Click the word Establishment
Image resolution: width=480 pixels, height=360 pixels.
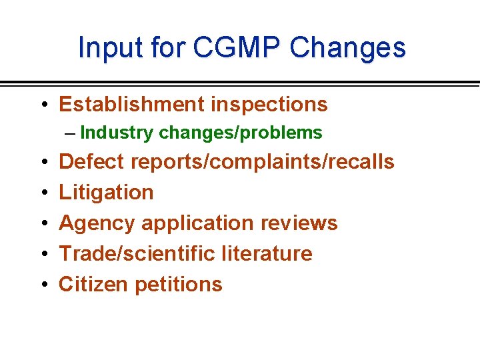[x=131, y=105]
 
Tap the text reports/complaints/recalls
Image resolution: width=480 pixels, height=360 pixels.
[x=263, y=161]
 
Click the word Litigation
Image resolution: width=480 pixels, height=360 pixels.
[x=106, y=192]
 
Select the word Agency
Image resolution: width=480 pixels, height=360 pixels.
[x=97, y=223]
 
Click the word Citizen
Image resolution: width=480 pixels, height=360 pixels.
[x=94, y=284]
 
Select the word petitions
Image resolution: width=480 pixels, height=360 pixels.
[x=179, y=284]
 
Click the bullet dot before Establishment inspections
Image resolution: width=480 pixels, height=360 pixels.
[x=43, y=105]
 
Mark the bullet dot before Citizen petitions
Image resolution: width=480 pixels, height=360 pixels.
[x=43, y=285]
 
